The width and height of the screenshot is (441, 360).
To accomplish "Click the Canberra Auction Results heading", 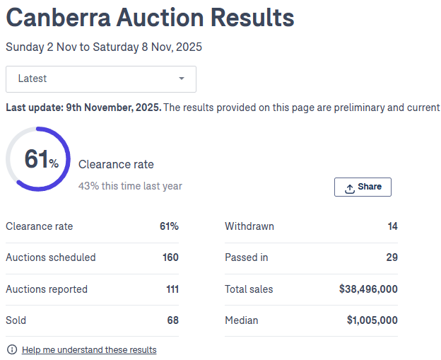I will click(x=150, y=18).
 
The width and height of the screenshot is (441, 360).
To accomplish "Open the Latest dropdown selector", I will click(x=100, y=79).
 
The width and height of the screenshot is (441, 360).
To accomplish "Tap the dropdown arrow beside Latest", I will click(x=182, y=79).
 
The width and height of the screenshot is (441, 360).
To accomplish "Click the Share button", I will click(x=363, y=187).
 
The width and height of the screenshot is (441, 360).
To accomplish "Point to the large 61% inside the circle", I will click(x=42, y=160).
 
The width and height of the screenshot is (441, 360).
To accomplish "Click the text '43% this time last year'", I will click(x=130, y=186).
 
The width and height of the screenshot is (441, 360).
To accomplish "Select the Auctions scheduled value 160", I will click(x=170, y=257).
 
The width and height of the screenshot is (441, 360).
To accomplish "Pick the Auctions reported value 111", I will click(x=170, y=289).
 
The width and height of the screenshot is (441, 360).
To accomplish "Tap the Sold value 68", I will click(x=172, y=320).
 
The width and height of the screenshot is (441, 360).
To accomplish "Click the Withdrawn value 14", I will click(x=392, y=226).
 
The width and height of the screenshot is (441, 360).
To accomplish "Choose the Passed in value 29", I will click(x=392, y=257).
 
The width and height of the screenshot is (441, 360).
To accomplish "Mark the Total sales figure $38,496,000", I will click(x=368, y=289).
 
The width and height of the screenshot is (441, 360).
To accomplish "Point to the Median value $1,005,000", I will click(x=372, y=320).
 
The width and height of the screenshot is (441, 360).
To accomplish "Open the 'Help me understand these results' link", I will click(x=89, y=350).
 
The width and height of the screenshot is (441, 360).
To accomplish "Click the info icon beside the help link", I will click(x=11, y=350).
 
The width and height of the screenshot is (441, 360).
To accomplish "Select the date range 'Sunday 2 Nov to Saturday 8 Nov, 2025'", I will click(x=104, y=47).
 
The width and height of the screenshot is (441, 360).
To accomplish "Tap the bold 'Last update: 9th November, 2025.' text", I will click(x=83, y=108).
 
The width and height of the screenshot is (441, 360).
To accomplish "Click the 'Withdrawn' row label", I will click(x=249, y=226).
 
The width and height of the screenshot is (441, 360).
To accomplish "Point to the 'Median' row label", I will click(x=242, y=320).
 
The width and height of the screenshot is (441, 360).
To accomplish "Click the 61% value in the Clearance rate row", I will click(x=169, y=226).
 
